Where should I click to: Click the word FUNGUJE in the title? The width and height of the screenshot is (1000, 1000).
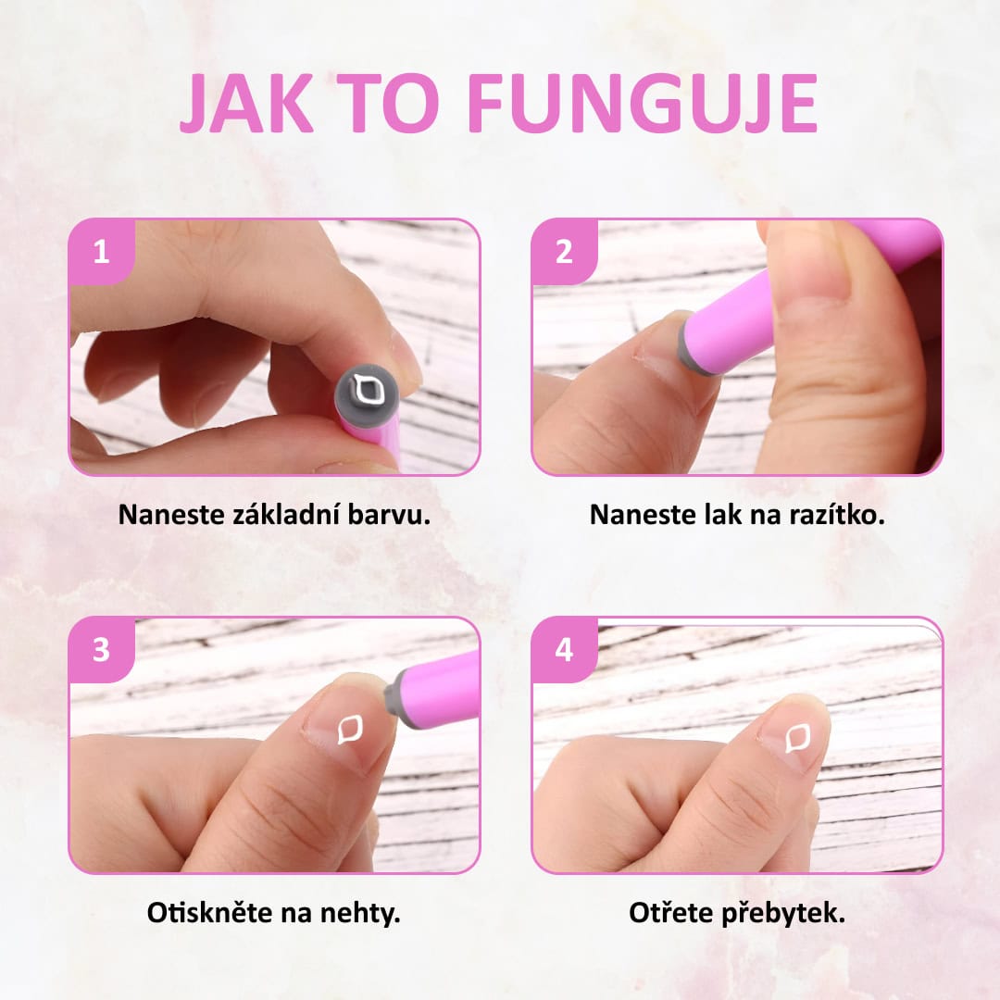[644, 103]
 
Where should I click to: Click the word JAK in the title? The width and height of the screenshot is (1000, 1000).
[247, 103]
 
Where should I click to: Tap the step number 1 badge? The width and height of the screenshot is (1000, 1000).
[102, 252]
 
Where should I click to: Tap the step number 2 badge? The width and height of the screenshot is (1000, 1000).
[564, 252]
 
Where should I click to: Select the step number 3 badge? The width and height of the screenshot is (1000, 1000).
[102, 650]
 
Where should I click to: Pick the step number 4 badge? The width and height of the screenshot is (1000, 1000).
[564, 650]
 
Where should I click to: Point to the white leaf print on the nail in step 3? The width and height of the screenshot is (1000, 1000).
[349, 730]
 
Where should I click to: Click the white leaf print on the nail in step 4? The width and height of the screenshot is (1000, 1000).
[797, 739]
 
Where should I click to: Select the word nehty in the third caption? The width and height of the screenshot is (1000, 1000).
[359, 913]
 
